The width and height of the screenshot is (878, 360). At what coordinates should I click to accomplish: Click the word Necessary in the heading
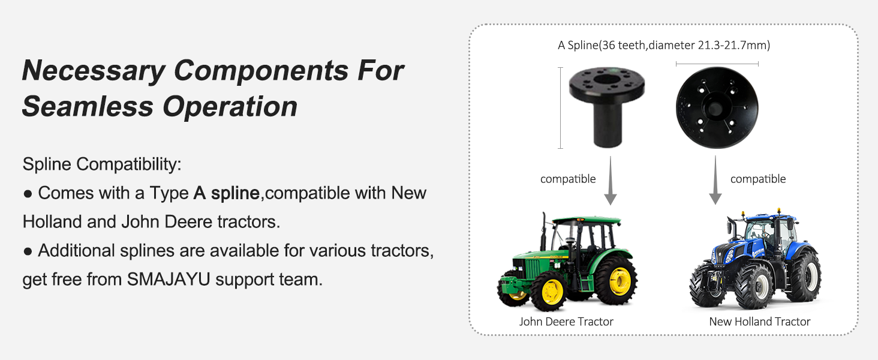click(x=94, y=71)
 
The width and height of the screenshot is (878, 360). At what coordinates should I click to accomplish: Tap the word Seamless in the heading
click(x=88, y=107)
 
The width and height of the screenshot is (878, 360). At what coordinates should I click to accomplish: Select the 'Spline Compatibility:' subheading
click(x=102, y=164)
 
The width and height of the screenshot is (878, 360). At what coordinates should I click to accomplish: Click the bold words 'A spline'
click(x=227, y=193)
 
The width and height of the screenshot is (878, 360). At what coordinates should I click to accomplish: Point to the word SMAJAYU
click(x=169, y=279)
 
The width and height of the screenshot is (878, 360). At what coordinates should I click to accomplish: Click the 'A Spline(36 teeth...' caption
click(x=663, y=46)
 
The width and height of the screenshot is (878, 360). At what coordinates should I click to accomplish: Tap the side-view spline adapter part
click(x=607, y=107)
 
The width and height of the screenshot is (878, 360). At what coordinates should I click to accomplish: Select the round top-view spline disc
click(x=717, y=107)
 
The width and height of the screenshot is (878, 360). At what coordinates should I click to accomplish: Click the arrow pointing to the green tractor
click(x=611, y=181)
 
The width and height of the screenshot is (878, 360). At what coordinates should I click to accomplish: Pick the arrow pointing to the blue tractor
click(x=715, y=181)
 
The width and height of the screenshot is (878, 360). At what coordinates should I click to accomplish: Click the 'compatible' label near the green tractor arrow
click(x=568, y=179)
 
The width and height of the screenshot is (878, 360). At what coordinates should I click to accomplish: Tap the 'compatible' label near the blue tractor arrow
click(x=758, y=179)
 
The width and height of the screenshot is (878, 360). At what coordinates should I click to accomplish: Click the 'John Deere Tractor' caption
click(x=566, y=322)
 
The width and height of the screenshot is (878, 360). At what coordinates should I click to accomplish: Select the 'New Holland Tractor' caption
click(x=760, y=322)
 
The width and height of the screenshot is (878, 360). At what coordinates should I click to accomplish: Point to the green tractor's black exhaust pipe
click(x=543, y=232)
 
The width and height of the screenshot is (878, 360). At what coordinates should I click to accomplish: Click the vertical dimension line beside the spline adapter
click(x=561, y=108)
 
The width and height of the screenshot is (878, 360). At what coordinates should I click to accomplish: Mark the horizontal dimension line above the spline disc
click(x=717, y=64)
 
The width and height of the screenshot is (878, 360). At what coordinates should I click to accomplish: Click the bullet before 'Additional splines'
click(x=28, y=251)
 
